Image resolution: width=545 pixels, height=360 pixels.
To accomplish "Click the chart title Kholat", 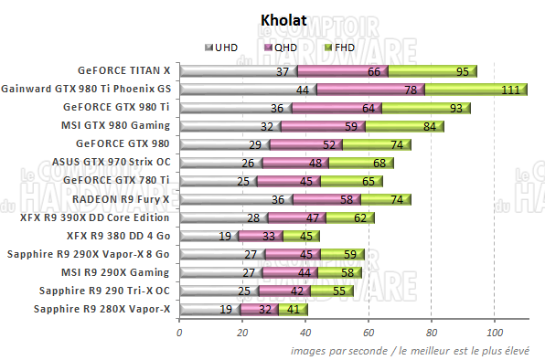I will coord(272,18).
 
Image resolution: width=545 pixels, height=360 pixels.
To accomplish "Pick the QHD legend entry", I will coord(278,47).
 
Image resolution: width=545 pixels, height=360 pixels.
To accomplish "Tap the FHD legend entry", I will coord(337,47).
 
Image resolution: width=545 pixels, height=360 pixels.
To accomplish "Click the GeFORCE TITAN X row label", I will coord(124,70).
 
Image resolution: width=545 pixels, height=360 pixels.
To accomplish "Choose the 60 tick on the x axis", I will coord(369,334).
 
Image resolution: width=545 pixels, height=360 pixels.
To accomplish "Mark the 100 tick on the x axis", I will coord(495,334).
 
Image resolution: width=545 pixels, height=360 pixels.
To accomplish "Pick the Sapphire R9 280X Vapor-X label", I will coord(102,309).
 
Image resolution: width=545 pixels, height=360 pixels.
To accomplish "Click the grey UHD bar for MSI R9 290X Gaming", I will coord(219,272).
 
